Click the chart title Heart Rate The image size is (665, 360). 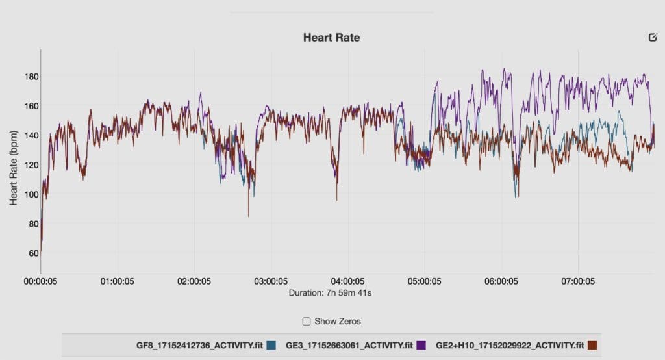pyautogui.click(x=331, y=38)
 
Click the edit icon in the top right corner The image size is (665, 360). pyautogui.click(x=653, y=37)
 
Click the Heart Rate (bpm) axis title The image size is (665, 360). pyautogui.click(x=13, y=166)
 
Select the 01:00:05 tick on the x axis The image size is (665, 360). pyautogui.click(x=118, y=282)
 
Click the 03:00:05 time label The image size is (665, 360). pyautogui.click(x=271, y=282)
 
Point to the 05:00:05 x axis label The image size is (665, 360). pyautogui.click(x=424, y=282)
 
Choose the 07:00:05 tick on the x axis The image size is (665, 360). pyautogui.click(x=577, y=282)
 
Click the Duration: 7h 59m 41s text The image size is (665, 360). pyautogui.click(x=331, y=293)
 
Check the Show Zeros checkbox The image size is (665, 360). pyautogui.click(x=307, y=321)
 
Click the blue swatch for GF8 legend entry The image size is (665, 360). pyautogui.click(x=271, y=345)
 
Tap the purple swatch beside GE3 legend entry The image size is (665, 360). pyautogui.click(x=421, y=345)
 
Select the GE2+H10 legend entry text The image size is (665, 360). pyautogui.click(x=509, y=345)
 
